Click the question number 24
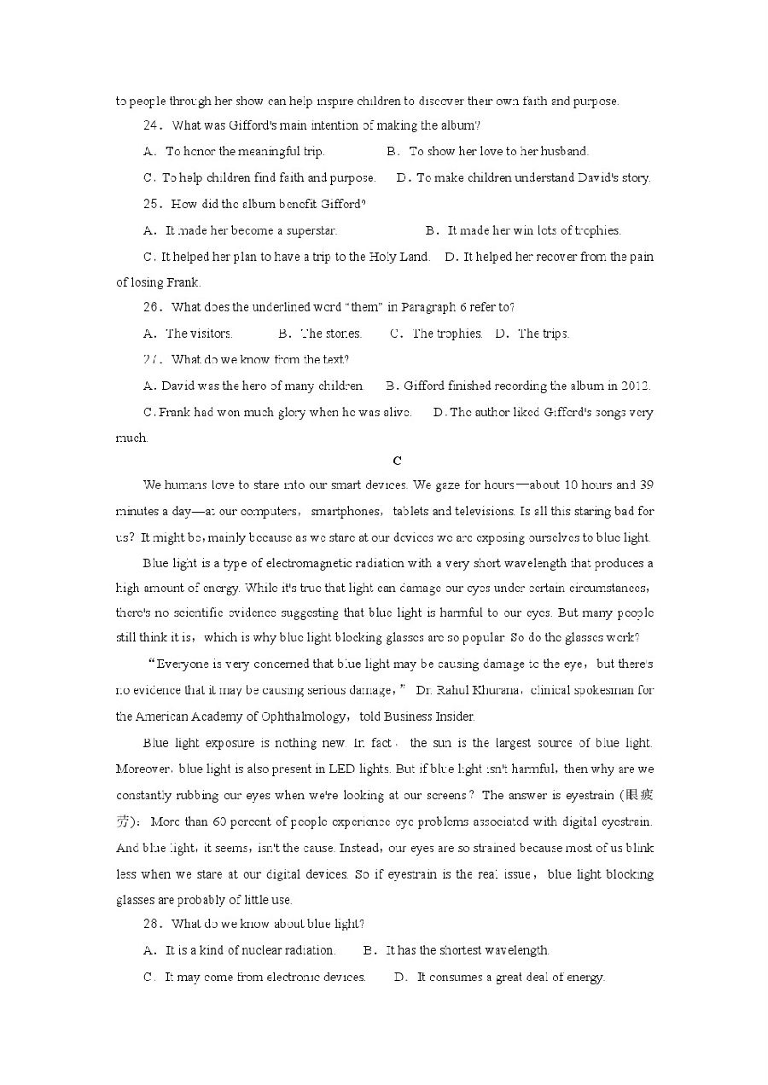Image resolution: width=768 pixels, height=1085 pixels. [x=152, y=126]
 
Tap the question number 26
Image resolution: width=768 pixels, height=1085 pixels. [x=152, y=308]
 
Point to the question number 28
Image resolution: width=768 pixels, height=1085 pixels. [x=152, y=924]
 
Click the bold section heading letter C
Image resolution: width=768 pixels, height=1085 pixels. [x=397, y=461]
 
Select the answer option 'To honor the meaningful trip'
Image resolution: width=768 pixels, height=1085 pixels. [x=244, y=152]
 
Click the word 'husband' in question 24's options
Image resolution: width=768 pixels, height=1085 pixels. [x=564, y=152]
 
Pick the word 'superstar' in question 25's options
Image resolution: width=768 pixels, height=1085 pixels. [x=311, y=230]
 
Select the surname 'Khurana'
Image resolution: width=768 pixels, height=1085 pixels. [x=493, y=690]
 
